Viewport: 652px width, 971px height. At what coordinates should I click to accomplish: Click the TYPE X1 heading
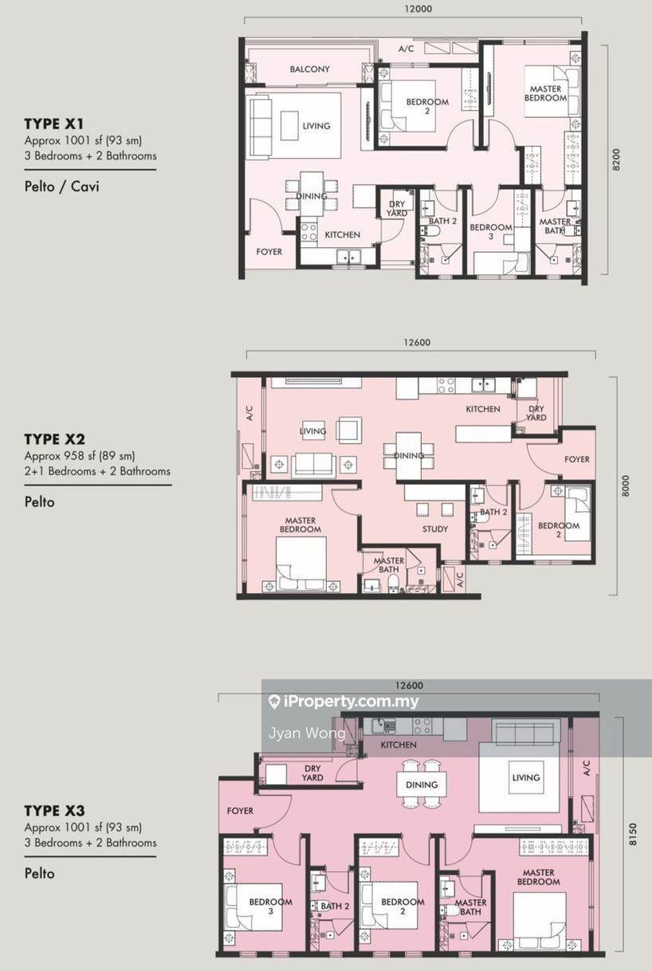(x=53, y=124)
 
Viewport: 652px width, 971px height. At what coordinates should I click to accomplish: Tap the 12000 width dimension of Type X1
(x=418, y=9)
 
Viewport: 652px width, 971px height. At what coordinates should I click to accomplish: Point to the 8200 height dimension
(x=616, y=159)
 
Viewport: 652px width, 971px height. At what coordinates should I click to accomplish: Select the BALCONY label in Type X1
(x=309, y=69)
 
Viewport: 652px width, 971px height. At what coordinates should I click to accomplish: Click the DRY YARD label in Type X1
(x=397, y=209)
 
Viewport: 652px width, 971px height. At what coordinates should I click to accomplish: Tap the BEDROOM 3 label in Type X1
(x=491, y=231)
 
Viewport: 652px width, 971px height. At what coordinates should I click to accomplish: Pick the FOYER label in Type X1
(x=269, y=252)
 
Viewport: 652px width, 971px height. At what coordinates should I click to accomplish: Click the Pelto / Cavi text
(x=62, y=187)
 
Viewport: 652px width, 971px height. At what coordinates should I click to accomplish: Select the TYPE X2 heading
(x=55, y=439)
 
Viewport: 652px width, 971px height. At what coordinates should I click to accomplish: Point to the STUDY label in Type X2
(x=435, y=529)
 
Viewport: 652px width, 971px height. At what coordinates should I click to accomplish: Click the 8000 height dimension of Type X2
(x=625, y=485)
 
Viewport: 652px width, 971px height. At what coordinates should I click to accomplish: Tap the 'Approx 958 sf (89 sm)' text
(x=80, y=456)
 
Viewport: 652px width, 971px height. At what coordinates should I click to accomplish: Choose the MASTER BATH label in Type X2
(x=389, y=565)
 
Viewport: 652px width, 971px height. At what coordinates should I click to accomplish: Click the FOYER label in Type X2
(x=576, y=459)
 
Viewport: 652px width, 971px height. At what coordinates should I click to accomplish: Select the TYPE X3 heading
(x=55, y=811)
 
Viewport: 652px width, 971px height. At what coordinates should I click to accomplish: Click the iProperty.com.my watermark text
(x=351, y=701)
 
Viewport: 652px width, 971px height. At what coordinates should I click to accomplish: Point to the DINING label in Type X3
(x=422, y=784)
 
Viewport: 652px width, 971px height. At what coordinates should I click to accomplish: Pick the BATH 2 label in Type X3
(x=335, y=906)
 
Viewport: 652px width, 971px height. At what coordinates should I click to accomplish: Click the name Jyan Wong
(x=307, y=733)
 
